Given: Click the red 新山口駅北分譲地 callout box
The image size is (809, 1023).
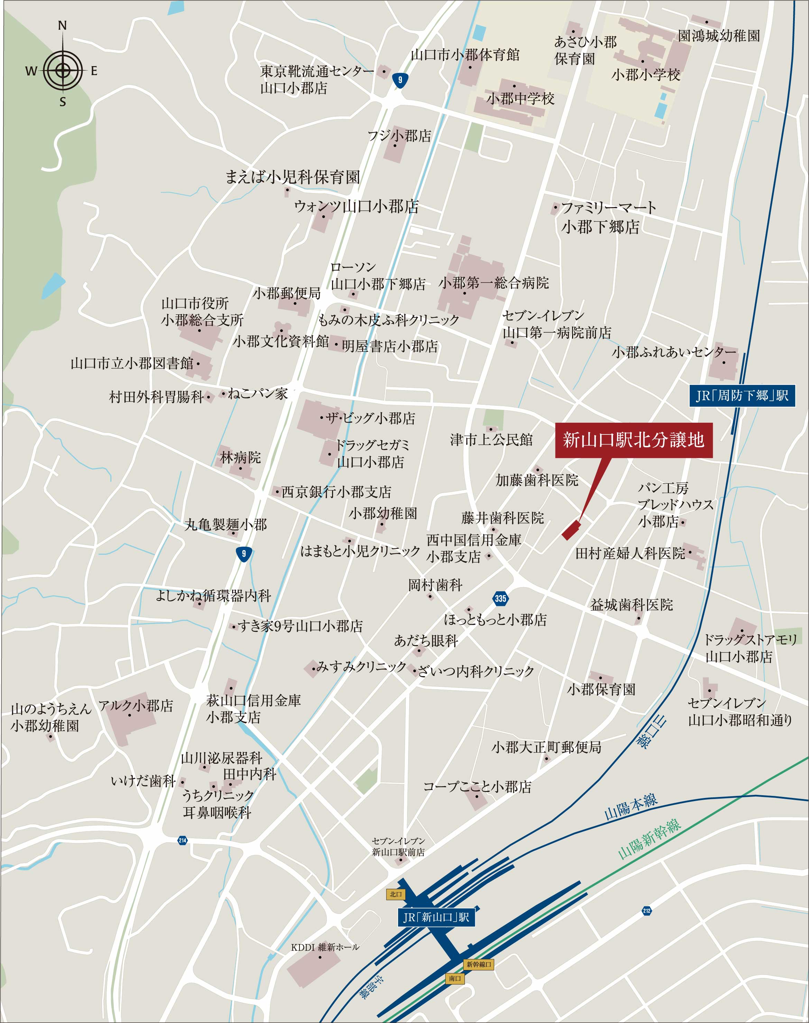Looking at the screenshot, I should click(633, 440).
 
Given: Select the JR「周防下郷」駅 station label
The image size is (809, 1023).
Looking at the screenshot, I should click(742, 395).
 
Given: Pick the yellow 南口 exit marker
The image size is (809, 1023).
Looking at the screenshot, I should click(455, 978).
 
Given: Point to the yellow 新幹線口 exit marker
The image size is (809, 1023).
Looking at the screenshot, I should click(479, 964).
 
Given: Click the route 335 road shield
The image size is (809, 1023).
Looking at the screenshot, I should click(500, 598).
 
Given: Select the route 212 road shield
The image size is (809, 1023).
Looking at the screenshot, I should click(647, 910).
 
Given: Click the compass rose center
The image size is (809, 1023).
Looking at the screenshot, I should click(63, 71).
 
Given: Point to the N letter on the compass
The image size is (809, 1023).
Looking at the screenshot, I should click(63, 26).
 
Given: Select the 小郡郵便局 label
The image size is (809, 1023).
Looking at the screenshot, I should click(287, 294).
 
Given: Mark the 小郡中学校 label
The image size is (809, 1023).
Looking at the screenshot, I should click(520, 99).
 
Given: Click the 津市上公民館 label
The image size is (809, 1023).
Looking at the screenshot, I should click(491, 440).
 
